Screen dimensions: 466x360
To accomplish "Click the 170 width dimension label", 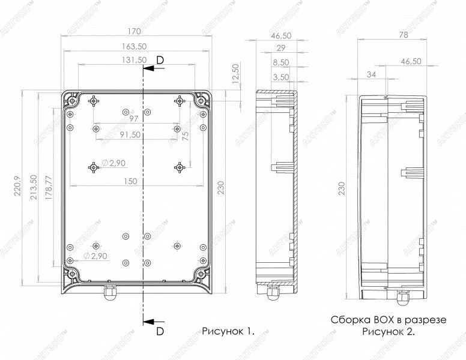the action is point(134,31).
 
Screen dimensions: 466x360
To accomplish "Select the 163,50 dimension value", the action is point(135,47).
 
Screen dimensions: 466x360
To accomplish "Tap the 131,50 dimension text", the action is point(135,60).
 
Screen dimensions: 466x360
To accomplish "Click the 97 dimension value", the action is point(134,119).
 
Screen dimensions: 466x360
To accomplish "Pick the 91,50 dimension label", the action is point(130,134).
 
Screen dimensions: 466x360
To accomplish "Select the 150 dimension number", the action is point(130,181).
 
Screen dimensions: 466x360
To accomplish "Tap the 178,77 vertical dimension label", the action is point(49,187).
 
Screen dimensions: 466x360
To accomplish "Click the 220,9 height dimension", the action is point(17,186).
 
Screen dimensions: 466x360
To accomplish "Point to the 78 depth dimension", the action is point(404,35).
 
